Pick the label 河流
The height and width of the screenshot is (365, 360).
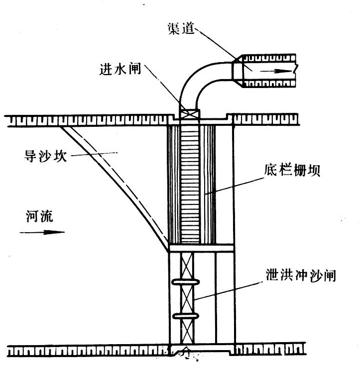click(39, 216)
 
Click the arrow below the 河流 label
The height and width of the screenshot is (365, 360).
click(42, 232)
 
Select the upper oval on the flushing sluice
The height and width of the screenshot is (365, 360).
click(186, 282)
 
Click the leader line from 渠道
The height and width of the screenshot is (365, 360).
click(219, 45)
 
